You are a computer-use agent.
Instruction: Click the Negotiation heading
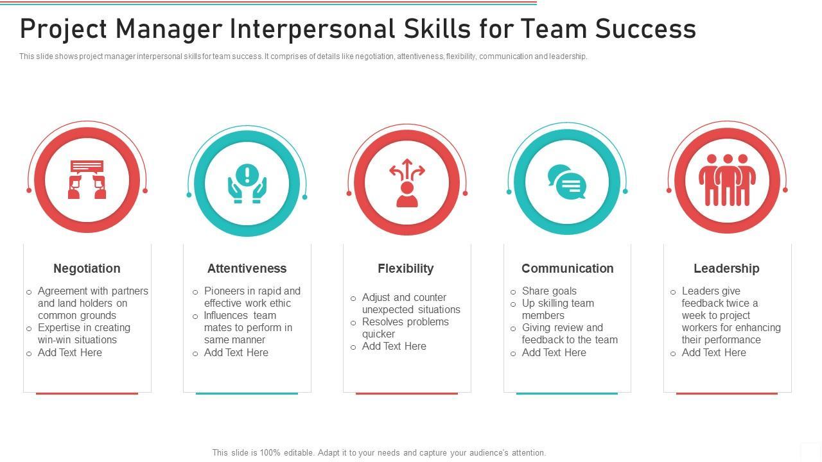point(87,268)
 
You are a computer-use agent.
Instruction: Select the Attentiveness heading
point(247,268)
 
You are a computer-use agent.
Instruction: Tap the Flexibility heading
point(405,268)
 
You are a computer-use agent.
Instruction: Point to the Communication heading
point(567,268)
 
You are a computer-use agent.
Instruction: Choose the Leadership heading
point(726,268)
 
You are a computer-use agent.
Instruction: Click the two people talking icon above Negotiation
point(87,180)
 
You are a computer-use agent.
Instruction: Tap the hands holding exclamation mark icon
point(247,184)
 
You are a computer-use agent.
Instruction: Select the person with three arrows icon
point(407,184)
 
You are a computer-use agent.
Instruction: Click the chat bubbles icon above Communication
point(566,182)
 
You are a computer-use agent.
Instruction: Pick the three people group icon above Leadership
point(727,180)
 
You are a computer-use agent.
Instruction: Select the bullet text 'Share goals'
point(549,291)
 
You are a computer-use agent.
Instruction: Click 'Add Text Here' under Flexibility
point(394,346)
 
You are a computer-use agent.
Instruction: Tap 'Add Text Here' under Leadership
point(713,352)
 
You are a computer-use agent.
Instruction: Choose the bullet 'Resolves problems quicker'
point(405,327)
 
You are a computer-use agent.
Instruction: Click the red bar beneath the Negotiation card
point(87,393)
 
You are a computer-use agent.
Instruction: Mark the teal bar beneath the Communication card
point(567,393)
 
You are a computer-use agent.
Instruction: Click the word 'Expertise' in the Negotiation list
point(60,327)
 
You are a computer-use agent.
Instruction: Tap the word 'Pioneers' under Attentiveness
point(223,291)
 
